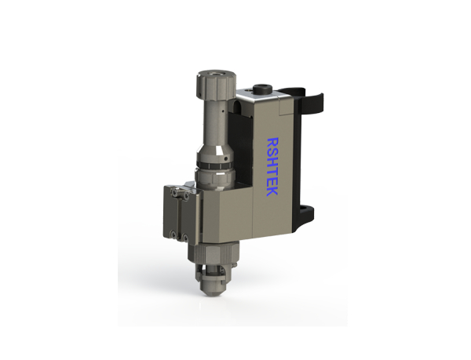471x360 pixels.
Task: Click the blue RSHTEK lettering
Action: tap(272, 167)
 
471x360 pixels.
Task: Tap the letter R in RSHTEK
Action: tap(272, 142)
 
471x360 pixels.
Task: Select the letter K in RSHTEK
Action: tap(272, 192)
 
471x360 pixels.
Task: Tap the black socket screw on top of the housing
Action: tap(263, 89)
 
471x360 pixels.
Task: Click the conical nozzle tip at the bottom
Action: tap(210, 288)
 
